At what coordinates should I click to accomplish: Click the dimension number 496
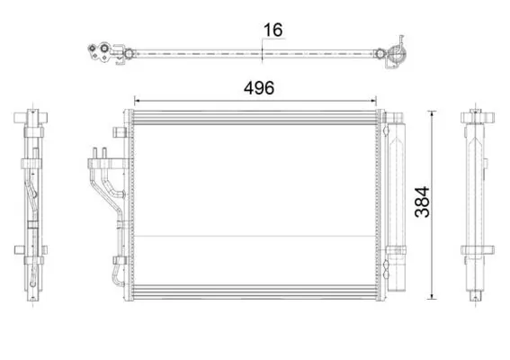[x=259, y=88]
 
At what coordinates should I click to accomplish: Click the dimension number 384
[x=422, y=202]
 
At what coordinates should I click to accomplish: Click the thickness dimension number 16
[x=273, y=30]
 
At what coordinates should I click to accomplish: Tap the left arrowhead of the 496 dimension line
[x=137, y=101]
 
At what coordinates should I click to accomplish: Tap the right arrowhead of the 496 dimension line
[x=374, y=101]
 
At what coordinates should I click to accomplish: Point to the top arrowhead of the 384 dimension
[x=432, y=112]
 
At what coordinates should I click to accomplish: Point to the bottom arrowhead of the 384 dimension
[x=432, y=296]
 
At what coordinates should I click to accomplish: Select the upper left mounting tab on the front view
[x=120, y=132]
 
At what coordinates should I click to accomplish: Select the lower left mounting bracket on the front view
[x=120, y=260]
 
